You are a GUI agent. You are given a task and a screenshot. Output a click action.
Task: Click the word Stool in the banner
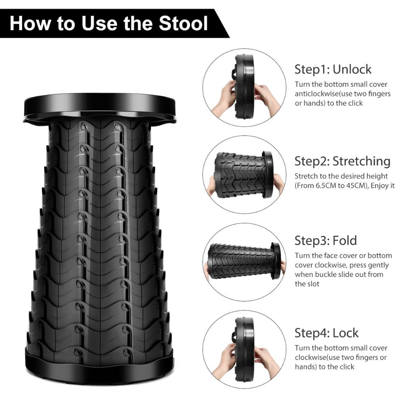tap(183, 23)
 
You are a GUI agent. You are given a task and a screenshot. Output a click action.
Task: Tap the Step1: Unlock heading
tap(333, 69)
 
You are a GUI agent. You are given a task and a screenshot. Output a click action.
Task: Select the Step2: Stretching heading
tap(343, 161)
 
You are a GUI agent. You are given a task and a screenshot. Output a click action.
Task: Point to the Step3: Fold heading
tap(326, 240)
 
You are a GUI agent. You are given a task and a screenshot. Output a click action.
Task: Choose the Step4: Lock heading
tap(326, 333)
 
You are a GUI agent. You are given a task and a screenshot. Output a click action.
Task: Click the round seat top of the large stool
tap(100, 106)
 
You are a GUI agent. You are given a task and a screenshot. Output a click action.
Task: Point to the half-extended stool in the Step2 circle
tap(244, 175)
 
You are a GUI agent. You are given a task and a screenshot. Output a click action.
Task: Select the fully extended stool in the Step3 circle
tap(244, 261)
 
